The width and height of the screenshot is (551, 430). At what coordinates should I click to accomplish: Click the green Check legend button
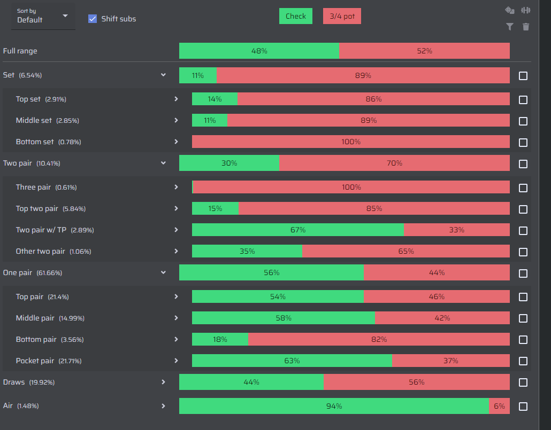click(x=295, y=16)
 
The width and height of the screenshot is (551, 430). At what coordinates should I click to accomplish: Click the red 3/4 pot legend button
click(x=342, y=16)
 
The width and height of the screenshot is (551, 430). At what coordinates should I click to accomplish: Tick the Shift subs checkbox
click(x=93, y=19)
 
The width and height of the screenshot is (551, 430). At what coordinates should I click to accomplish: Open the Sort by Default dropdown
click(x=43, y=16)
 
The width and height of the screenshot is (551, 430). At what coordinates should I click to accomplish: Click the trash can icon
click(x=526, y=27)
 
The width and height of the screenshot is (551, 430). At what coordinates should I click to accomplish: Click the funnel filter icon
click(x=509, y=27)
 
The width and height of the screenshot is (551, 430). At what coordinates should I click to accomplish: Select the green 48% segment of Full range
click(x=259, y=51)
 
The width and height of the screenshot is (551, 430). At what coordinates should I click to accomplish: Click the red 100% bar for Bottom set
click(x=351, y=142)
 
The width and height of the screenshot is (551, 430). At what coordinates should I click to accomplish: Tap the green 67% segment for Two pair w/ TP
click(x=297, y=230)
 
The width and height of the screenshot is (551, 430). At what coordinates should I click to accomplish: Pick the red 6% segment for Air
click(x=499, y=406)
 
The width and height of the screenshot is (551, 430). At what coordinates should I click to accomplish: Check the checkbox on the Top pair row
click(x=523, y=297)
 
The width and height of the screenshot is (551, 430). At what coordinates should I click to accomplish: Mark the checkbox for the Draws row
click(x=523, y=382)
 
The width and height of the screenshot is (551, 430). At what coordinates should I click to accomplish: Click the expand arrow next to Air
click(x=163, y=406)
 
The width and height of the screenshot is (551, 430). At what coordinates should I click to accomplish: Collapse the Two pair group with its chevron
click(x=163, y=163)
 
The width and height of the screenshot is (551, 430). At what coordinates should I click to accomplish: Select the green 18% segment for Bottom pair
click(x=220, y=339)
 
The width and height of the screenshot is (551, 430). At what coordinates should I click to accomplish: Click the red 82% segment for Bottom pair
click(x=379, y=339)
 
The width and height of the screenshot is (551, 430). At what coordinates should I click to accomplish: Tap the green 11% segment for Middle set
click(x=210, y=120)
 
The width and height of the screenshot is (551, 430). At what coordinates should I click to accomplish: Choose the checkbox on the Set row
click(x=523, y=76)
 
